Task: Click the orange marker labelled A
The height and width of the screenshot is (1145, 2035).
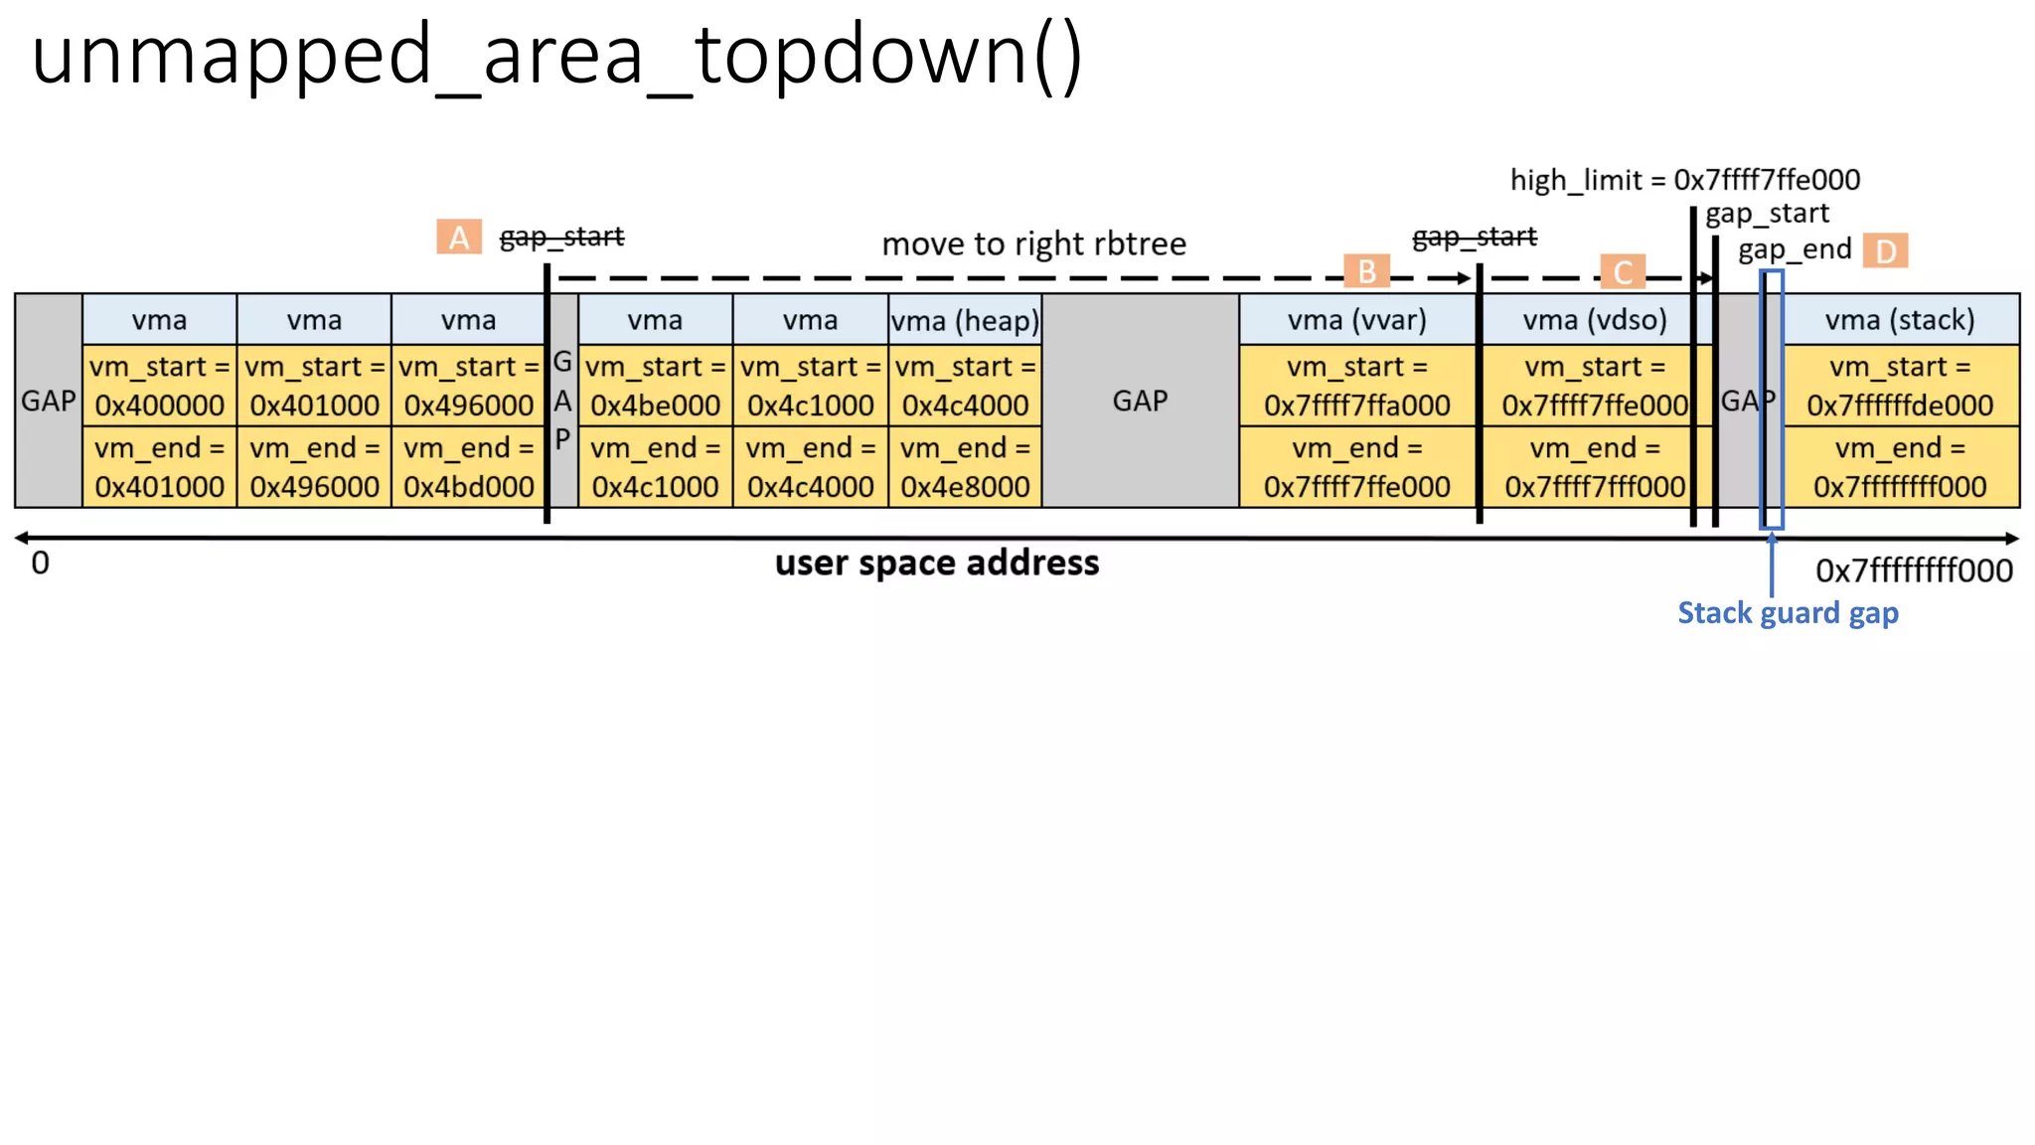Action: (458, 238)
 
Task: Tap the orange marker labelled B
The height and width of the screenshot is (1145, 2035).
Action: (1366, 271)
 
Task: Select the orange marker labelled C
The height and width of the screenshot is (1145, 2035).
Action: (1623, 271)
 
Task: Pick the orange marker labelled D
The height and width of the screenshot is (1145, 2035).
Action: (1885, 250)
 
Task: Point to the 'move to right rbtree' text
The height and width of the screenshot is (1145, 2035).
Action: (1033, 244)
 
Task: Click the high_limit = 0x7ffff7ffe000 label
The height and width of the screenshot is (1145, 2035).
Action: (1684, 180)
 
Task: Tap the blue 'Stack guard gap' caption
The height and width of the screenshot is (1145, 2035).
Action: (1788, 613)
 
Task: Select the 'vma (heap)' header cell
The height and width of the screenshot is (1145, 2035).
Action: (965, 320)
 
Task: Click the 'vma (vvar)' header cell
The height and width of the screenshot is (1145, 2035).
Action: (1356, 320)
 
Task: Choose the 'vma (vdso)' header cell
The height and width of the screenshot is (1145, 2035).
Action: (1594, 320)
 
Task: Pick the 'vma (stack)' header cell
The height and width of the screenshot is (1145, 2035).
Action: (1899, 320)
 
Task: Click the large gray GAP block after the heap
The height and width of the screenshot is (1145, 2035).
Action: (1140, 401)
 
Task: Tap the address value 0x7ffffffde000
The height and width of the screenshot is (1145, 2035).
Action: (1899, 406)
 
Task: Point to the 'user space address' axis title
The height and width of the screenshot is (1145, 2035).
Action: (937, 563)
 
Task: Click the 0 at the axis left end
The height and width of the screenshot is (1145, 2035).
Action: (40, 564)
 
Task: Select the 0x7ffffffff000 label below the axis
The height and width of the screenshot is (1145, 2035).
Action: (1914, 571)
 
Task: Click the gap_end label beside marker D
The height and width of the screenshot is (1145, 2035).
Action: (1795, 249)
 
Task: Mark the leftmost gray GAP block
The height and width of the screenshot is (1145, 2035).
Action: (48, 401)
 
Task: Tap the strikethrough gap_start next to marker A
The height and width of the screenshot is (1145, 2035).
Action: (561, 237)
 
